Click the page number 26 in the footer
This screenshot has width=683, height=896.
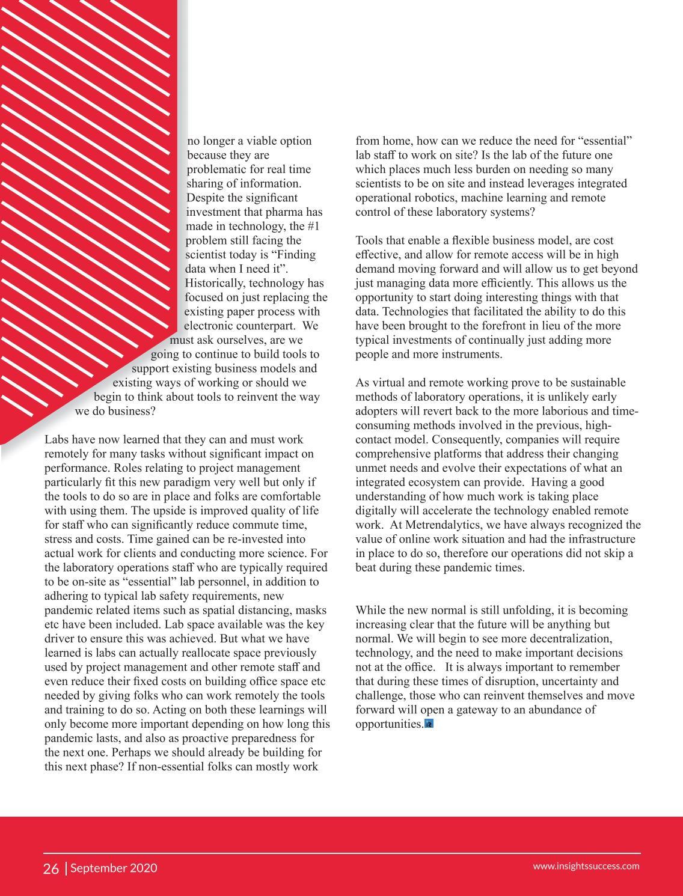tap(51, 868)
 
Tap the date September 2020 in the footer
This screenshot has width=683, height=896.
tap(114, 868)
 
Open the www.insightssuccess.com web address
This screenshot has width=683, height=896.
tap(586, 866)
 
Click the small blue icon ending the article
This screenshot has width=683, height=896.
tap(429, 724)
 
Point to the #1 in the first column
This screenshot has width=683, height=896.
tap(313, 226)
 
